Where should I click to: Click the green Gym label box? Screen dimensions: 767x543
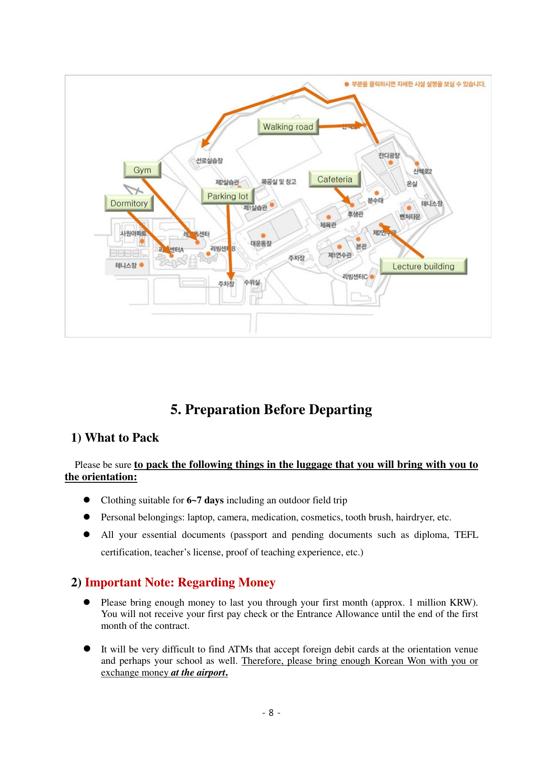(142, 170)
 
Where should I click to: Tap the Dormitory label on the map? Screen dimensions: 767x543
(129, 203)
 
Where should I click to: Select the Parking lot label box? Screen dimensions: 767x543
(228, 196)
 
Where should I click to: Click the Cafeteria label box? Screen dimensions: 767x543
(335, 179)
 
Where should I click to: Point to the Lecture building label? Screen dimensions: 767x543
(423, 266)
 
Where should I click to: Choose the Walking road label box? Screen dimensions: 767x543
(288, 127)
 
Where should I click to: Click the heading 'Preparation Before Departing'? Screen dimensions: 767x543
(271, 410)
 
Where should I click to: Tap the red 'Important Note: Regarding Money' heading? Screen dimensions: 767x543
(180, 582)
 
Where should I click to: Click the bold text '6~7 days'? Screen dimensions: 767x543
(205, 500)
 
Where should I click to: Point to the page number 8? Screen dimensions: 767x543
(271, 713)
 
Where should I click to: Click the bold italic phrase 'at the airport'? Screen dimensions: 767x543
(198, 673)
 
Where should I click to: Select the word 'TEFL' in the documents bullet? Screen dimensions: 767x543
(466, 535)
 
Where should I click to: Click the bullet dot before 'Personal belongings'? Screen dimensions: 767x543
(87, 517)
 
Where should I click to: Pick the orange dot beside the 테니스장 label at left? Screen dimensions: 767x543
(141, 265)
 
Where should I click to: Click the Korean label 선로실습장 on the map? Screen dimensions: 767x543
(209, 161)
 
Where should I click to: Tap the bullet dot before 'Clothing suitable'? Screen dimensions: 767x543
(87, 499)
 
